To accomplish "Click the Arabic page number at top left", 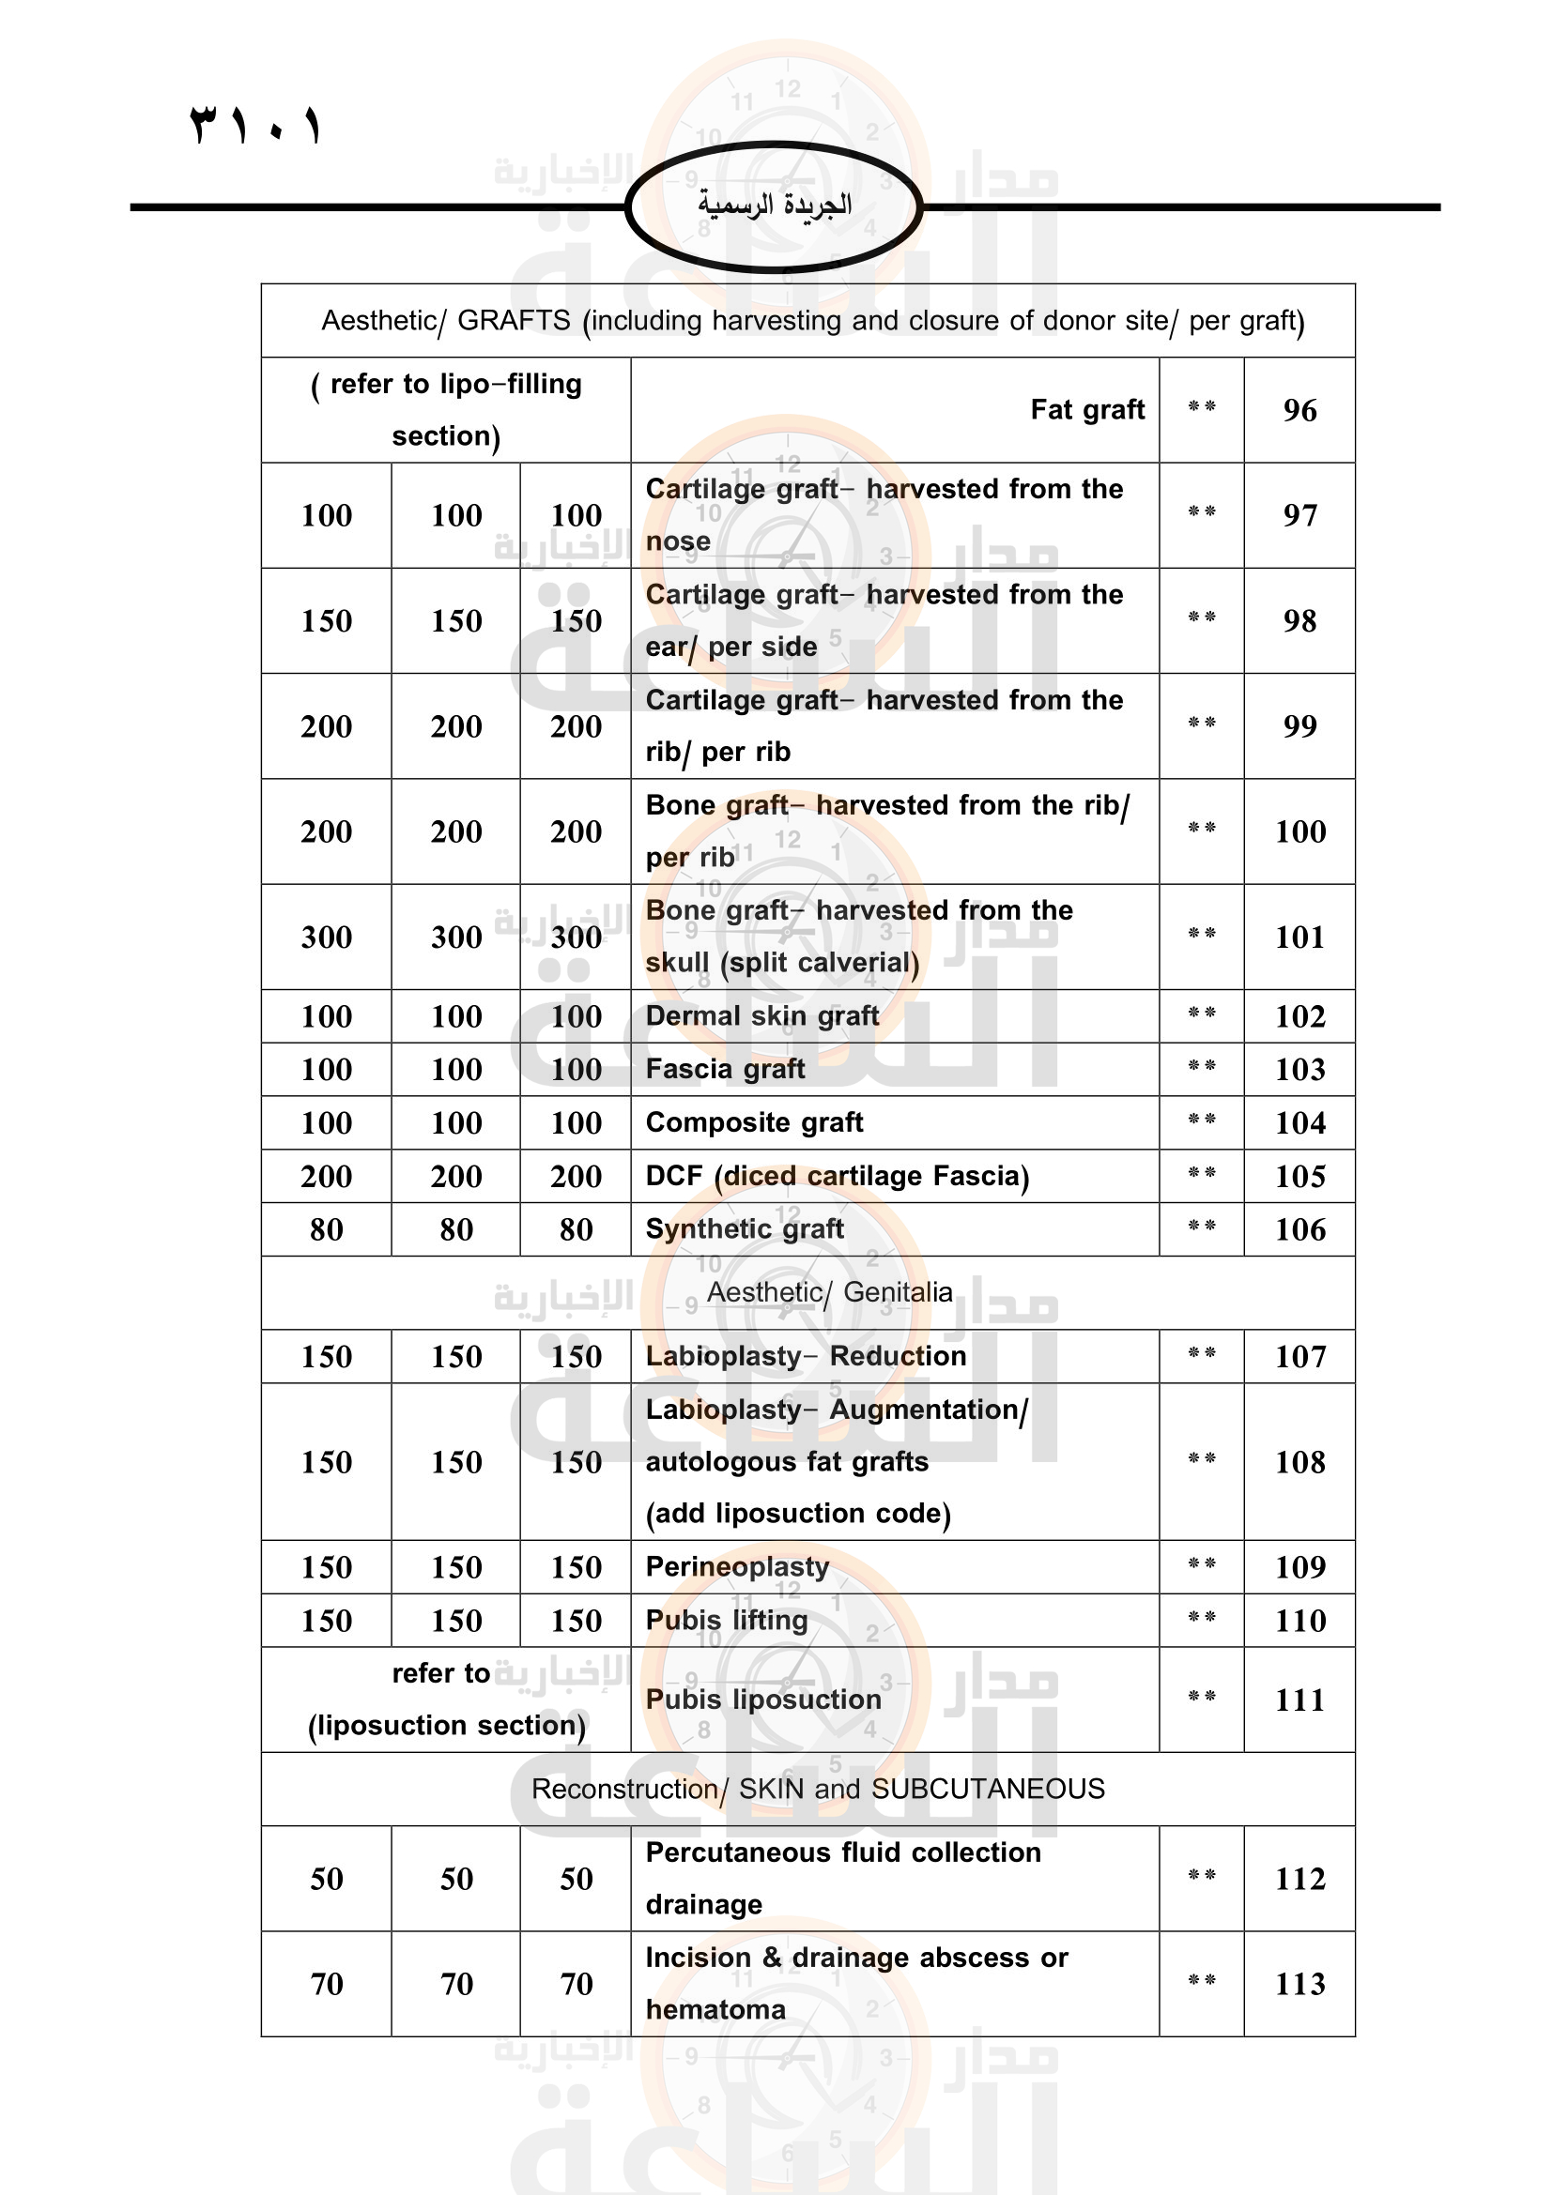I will click(x=255, y=125).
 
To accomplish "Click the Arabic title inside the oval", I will click(x=775, y=205).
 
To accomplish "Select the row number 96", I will click(x=1299, y=410).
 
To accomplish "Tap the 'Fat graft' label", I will click(x=1087, y=410).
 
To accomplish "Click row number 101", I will click(x=1299, y=937).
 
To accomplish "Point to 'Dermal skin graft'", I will click(x=762, y=1015).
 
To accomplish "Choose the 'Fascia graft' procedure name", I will click(x=725, y=1069).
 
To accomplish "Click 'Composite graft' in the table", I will click(x=755, y=1122).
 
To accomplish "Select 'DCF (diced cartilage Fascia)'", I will click(x=838, y=1176).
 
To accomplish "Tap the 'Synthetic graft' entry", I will click(x=745, y=1228).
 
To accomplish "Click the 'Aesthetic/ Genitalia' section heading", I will click(x=829, y=1292).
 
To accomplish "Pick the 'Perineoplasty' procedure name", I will click(x=737, y=1566).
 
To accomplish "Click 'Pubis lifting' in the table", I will click(x=727, y=1620).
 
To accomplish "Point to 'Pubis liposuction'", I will click(x=763, y=1699).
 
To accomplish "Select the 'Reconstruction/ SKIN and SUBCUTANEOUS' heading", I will click(x=818, y=1789).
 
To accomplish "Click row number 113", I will click(x=1299, y=1984).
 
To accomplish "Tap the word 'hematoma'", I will click(x=715, y=2009).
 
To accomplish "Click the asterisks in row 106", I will click(x=1202, y=1227).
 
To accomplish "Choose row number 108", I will click(x=1299, y=1462).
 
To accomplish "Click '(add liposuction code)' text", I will click(x=798, y=1514).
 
